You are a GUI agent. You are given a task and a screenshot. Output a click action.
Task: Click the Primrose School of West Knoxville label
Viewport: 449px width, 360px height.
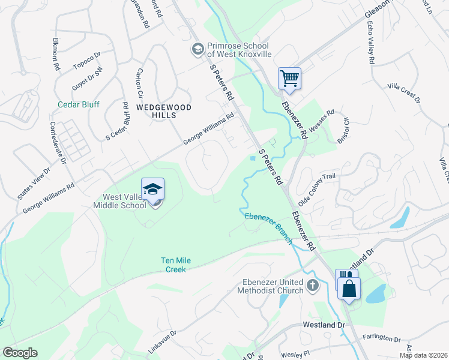240,50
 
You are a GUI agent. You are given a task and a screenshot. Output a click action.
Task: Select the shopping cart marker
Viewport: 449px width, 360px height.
289,78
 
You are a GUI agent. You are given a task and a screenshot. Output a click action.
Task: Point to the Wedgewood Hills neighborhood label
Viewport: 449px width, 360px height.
155,111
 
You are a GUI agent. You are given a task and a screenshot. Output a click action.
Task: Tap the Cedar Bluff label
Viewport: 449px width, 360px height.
79,104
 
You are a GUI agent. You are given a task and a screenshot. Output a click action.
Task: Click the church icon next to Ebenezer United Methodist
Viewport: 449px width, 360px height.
312,285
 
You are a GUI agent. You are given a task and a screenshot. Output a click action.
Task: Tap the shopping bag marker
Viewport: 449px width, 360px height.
349,288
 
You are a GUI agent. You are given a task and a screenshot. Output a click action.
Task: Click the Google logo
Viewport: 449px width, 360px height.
20,353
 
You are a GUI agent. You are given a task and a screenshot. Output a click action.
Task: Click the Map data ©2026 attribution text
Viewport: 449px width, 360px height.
423,355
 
